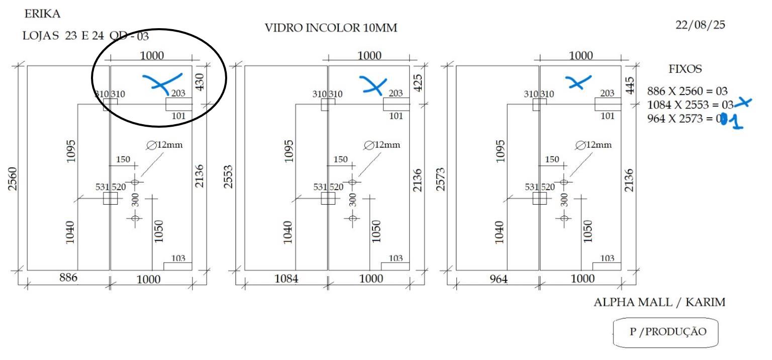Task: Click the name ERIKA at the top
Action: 42,14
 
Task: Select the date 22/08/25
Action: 700,25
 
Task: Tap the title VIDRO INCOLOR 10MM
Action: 331,28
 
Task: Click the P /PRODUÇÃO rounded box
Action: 665,332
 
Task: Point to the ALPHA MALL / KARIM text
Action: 659,302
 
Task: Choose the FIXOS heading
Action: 685,68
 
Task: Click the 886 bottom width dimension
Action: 68,278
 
